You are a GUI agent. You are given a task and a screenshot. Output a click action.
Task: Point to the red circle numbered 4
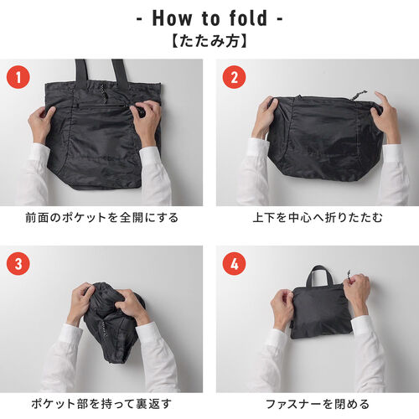234,263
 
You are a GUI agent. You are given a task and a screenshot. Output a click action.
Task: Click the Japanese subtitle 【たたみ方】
209,39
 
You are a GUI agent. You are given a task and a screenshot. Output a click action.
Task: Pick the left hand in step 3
80,302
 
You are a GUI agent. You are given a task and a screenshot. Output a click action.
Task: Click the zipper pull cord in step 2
360,96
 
